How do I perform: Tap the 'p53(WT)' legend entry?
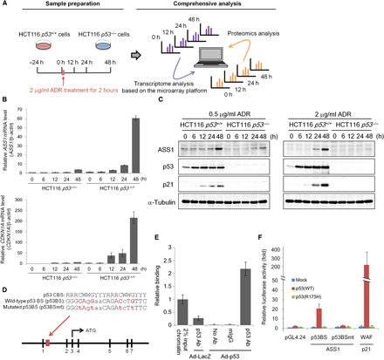click(x=302, y=271)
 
